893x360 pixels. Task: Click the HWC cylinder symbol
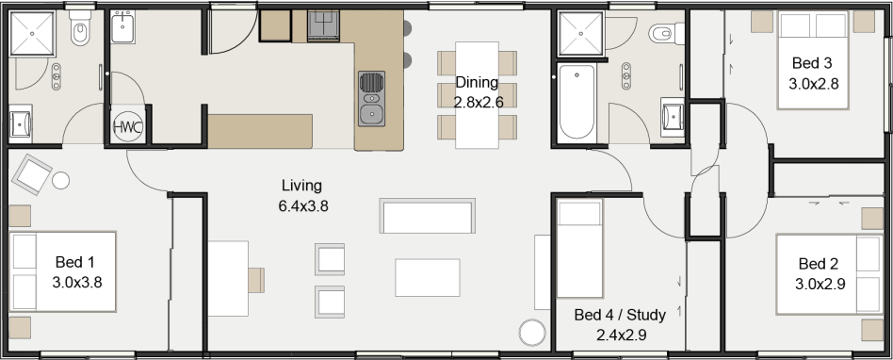pyautogui.click(x=127, y=127)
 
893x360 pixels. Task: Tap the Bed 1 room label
pyautogui.click(x=76, y=271)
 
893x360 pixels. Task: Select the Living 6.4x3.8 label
pyautogui.click(x=302, y=195)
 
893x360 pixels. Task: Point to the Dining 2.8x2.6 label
pyautogui.click(x=478, y=91)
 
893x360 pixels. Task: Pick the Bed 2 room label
pyautogui.click(x=820, y=273)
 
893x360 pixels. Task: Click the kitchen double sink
pyautogui.click(x=371, y=99)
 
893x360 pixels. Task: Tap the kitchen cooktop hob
pyautogui.click(x=323, y=26)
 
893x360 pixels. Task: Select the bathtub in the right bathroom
pyautogui.click(x=576, y=102)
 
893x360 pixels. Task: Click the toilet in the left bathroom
pyautogui.click(x=80, y=28)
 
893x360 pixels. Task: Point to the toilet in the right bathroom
pyautogui.click(x=666, y=34)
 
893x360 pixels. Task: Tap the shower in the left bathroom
pyautogui.click(x=32, y=34)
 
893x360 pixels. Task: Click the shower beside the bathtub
pyautogui.click(x=581, y=34)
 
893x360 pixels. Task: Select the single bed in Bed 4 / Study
pyautogui.click(x=579, y=249)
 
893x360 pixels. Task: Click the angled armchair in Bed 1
pyautogui.click(x=32, y=173)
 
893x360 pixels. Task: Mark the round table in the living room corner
pyautogui.click(x=532, y=332)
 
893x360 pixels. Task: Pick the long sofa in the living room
pyautogui.click(x=427, y=216)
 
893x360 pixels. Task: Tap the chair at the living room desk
pyautogui.click(x=255, y=280)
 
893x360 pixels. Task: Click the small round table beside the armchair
pyautogui.click(x=60, y=181)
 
